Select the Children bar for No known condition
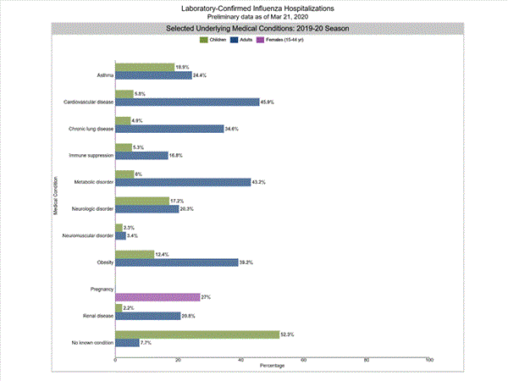(197, 334)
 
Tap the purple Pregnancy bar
(157, 297)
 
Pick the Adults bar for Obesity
(176, 262)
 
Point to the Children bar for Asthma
(144, 67)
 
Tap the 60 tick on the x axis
(304, 361)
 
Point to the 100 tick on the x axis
(429, 361)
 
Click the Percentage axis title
(272, 366)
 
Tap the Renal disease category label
(96, 316)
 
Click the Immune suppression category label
(91, 155)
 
